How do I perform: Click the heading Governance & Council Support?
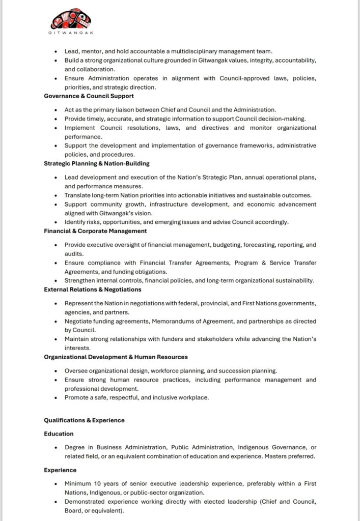[x=89, y=96]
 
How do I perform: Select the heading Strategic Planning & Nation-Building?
[x=96, y=163]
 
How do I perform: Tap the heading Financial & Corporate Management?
[x=95, y=231]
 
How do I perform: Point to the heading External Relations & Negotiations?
[x=92, y=290]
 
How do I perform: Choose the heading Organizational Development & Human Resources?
[x=116, y=357]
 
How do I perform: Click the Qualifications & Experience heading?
[x=84, y=420]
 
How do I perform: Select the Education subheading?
[x=59, y=434]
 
